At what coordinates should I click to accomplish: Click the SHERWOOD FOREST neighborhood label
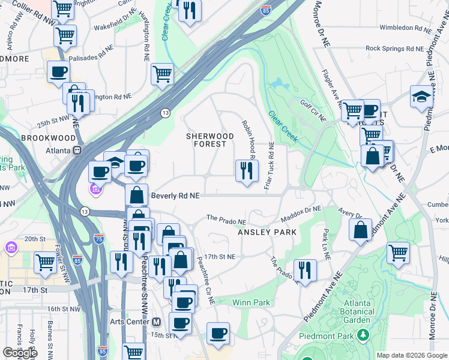click(x=206, y=140)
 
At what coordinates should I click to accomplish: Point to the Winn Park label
click(x=251, y=303)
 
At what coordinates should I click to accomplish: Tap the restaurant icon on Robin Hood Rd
click(x=247, y=171)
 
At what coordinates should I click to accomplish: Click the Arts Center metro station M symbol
click(x=156, y=321)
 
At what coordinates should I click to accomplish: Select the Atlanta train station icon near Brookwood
click(x=77, y=151)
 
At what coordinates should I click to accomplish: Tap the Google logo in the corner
click(x=20, y=353)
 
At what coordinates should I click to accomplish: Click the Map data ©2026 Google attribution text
click(x=411, y=355)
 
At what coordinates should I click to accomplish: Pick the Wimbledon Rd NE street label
click(x=405, y=28)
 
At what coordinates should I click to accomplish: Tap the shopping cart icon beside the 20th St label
click(x=46, y=262)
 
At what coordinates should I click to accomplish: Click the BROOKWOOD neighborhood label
click(x=41, y=137)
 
